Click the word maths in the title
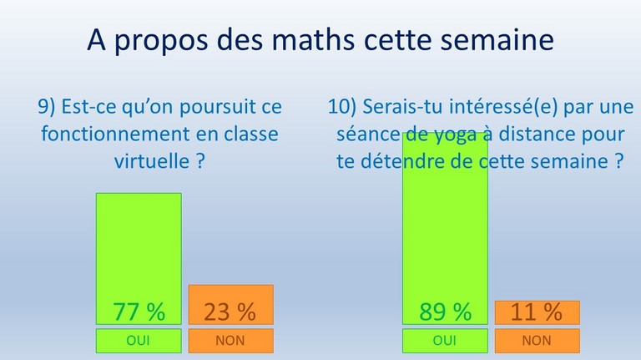coord(313,40)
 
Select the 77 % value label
coord(139,312)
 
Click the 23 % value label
coord(230,312)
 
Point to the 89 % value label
coord(445,312)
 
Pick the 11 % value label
coord(537,312)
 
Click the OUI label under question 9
coord(139,340)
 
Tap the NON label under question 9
coord(230,340)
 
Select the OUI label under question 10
coord(445,340)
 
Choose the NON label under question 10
coord(537,340)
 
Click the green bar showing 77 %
coord(139,259)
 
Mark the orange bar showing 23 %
coord(231,305)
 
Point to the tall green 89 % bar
coord(445,228)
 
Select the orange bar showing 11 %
coord(538,312)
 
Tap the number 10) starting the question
coord(342,107)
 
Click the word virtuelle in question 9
coord(152,160)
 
